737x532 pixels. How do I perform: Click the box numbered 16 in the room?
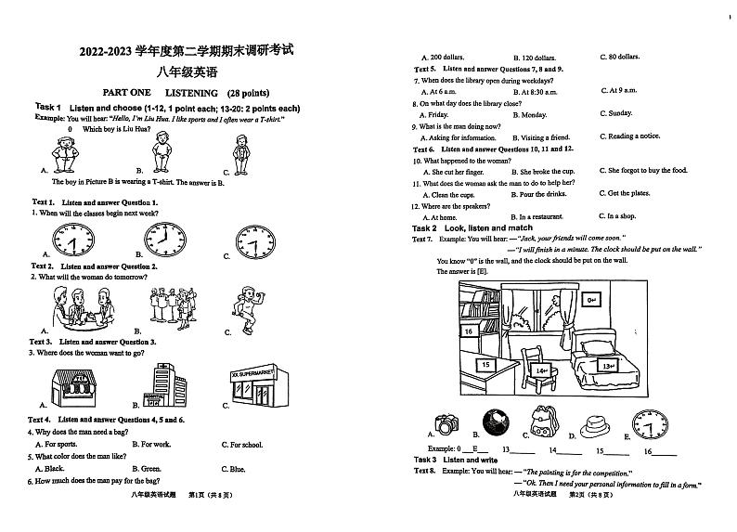(x=469, y=331)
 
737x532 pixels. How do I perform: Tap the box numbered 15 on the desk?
(x=485, y=366)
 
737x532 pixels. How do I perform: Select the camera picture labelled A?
(x=447, y=425)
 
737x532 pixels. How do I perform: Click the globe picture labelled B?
(x=496, y=424)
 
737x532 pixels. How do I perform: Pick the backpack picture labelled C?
(x=542, y=422)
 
